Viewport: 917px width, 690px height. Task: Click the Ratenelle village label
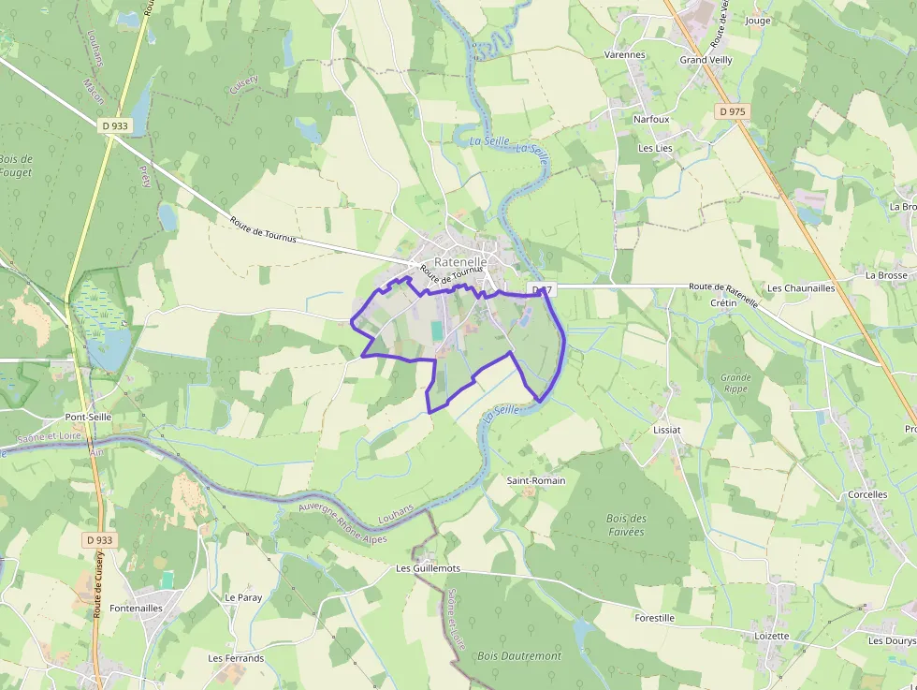click(x=459, y=263)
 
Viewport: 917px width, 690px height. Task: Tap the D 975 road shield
click(x=733, y=111)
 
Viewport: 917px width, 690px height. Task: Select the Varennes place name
click(x=624, y=55)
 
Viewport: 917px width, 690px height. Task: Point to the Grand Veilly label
click(x=706, y=60)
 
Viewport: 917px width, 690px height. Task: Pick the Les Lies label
click(x=655, y=148)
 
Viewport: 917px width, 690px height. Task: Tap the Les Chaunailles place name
click(x=801, y=288)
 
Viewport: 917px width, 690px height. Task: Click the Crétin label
click(x=723, y=303)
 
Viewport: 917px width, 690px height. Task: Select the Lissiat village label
click(x=667, y=430)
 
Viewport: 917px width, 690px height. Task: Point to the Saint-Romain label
click(x=536, y=480)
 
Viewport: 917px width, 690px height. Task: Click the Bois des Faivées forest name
click(x=626, y=525)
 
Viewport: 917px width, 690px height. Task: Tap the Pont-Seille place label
click(x=88, y=417)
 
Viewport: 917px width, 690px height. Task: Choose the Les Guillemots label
click(x=429, y=568)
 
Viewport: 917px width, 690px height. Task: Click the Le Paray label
click(x=243, y=597)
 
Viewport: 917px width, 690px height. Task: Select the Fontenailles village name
click(x=137, y=608)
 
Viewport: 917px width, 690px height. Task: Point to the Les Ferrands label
click(x=236, y=658)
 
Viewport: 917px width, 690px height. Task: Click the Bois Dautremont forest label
click(x=519, y=656)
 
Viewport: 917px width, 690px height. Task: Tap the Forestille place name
click(x=654, y=618)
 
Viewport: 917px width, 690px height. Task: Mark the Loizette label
click(x=772, y=636)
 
